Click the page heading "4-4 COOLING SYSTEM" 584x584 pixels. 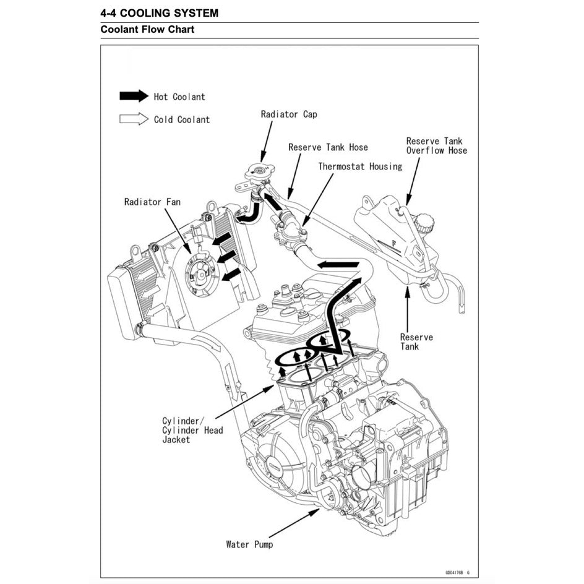tap(159, 13)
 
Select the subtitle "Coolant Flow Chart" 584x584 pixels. tap(147, 30)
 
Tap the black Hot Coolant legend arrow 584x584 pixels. tap(134, 96)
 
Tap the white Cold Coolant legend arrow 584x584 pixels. tap(134, 119)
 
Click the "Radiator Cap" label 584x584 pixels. tap(289, 114)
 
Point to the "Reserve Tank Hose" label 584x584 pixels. tap(328, 147)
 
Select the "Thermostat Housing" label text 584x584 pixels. tap(360, 166)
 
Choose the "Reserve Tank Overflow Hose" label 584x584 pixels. tap(436, 146)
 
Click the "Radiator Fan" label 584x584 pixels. tap(152, 202)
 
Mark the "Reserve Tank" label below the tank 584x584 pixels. tap(416, 341)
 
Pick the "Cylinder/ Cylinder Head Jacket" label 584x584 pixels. tap(192, 430)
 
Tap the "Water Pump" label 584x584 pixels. tap(249, 544)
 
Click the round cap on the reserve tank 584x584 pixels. tap(424, 222)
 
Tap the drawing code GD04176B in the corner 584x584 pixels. tap(457, 572)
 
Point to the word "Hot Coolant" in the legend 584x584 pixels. tap(179, 97)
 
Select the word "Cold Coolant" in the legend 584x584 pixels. tap(182, 119)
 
